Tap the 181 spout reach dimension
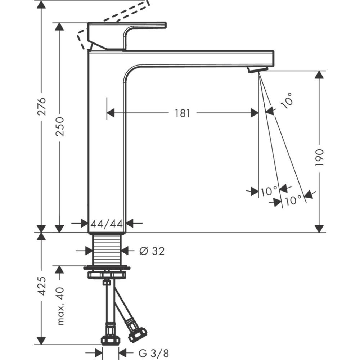coord(183,113)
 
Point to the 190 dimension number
coord(319,157)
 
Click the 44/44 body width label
coord(107,224)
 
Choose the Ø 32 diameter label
coord(152,251)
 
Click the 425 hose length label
coord(42,287)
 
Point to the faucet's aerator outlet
coord(258,69)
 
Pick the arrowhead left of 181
coord(111,113)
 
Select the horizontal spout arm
coord(202,58)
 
